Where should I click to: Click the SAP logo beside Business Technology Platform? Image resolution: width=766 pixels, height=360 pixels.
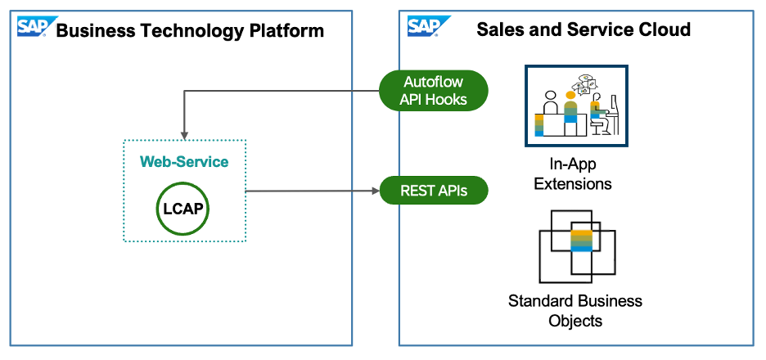point(32,27)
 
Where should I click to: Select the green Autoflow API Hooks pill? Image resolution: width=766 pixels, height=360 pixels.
point(433,90)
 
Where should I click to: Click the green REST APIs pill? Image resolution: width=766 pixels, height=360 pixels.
point(434,191)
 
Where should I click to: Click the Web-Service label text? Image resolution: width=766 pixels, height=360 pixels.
point(184,162)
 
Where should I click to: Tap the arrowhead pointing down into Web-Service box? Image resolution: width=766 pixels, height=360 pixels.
point(184,134)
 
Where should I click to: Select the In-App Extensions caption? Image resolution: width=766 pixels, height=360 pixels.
point(573,174)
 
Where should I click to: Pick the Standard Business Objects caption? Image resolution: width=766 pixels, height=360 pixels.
point(575,310)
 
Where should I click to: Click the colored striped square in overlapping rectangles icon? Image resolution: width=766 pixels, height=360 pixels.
point(581,240)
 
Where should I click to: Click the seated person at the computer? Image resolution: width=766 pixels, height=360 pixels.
point(599,115)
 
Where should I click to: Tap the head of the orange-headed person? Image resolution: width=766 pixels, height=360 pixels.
point(570,96)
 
